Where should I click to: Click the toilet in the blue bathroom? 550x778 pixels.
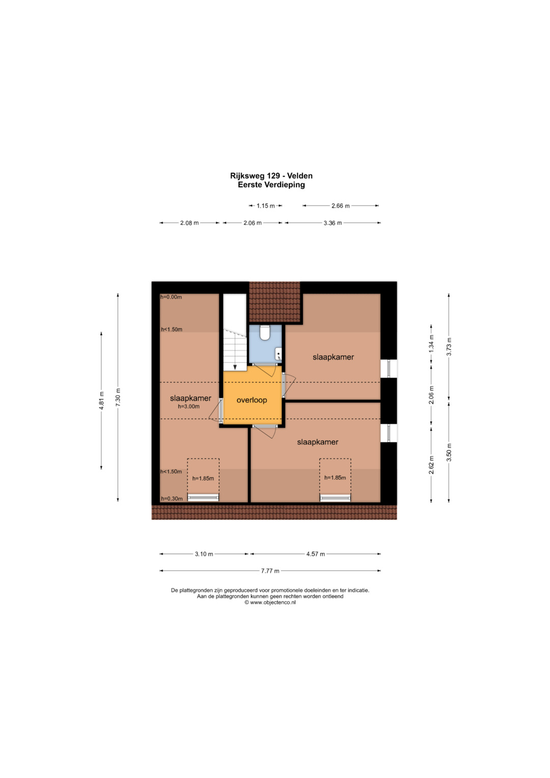[x=265, y=333]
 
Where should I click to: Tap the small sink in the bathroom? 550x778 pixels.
[x=278, y=354]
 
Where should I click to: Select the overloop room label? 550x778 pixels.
[x=252, y=400]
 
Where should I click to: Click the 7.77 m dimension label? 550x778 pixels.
[x=270, y=571]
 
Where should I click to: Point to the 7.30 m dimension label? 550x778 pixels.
[x=118, y=398]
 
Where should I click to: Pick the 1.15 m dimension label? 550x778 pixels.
[x=266, y=206]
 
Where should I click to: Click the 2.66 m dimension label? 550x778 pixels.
[x=340, y=206]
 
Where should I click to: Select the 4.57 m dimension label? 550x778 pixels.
[x=316, y=554]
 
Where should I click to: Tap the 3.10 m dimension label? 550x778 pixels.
[x=204, y=554]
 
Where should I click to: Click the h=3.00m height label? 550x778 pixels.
[x=189, y=407]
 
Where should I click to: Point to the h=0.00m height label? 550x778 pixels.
[x=171, y=297]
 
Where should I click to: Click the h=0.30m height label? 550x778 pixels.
[x=172, y=499]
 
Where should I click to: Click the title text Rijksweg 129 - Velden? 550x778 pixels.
[x=271, y=176]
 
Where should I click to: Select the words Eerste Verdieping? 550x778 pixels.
[x=271, y=185]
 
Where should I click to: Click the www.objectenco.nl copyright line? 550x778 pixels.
[x=270, y=603]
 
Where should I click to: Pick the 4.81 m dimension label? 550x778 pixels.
[x=102, y=401]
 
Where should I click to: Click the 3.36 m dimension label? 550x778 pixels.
[x=333, y=223]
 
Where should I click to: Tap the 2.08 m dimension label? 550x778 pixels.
[x=189, y=223]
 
